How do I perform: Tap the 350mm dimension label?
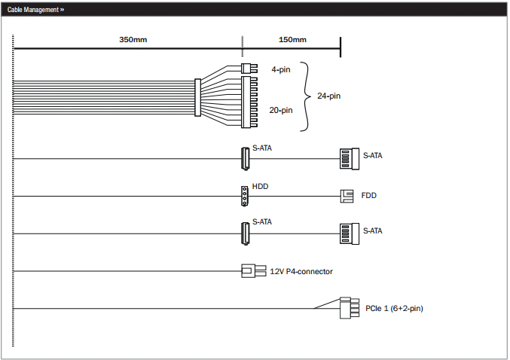[x=133, y=40]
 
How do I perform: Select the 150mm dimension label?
[x=292, y=40]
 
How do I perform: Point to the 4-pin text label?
[x=281, y=69]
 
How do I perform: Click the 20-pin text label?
[x=281, y=110]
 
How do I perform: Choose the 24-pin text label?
[x=329, y=96]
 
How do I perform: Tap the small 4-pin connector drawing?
[x=249, y=69]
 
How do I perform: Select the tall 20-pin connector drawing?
[x=249, y=102]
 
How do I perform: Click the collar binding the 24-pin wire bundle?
[x=197, y=97]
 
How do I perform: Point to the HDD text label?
[x=260, y=186]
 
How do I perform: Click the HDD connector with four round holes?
[x=245, y=196]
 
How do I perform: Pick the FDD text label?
[x=369, y=196]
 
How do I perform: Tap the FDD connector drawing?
[x=347, y=196]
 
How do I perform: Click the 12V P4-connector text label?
[x=301, y=272]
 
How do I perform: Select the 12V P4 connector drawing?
[x=254, y=270]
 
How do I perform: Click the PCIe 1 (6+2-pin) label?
[x=394, y=308]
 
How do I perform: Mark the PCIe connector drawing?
[x=350, y=307]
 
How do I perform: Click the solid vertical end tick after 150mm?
[x=341, y=47]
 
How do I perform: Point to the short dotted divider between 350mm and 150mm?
[x=243, y=46]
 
